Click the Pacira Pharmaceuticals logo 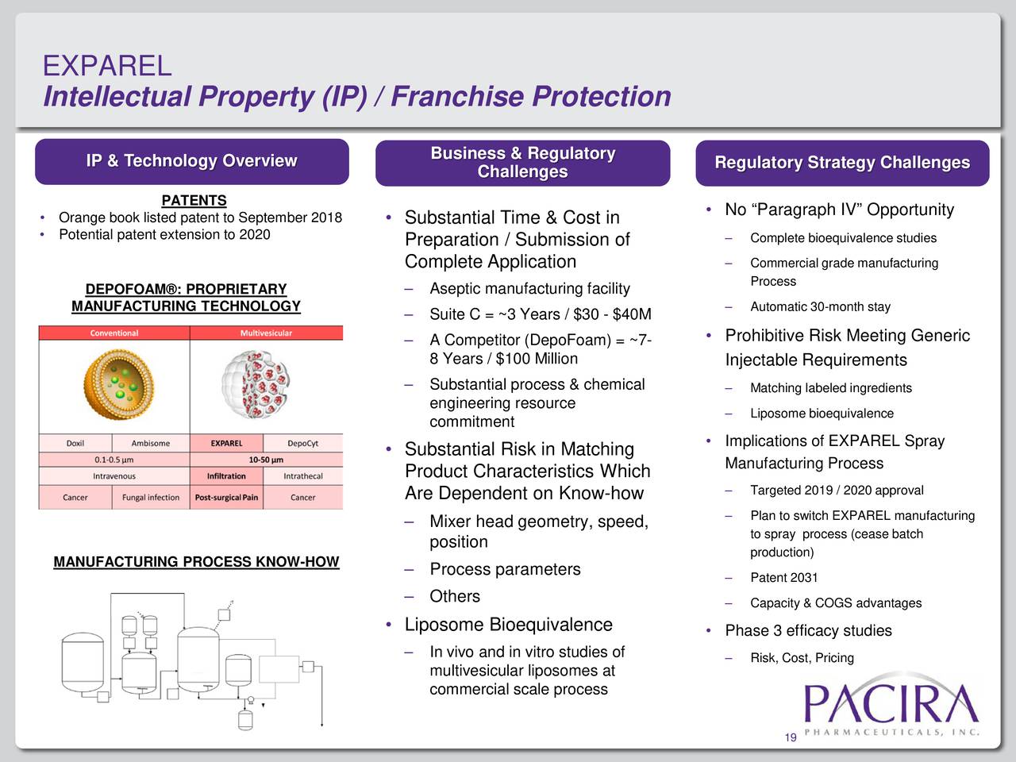(891, 710)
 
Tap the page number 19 (790, 739)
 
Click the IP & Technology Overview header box (191, 161)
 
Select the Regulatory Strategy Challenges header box (841, 163)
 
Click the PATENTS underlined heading (194, 201)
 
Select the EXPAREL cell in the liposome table (226, 443)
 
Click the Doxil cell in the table (75, 443)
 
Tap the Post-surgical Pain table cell (226, 498)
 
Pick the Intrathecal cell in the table (302, 476)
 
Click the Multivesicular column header (266, 333)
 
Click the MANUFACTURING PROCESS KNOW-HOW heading (196, 562)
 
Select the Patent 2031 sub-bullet (783, 578)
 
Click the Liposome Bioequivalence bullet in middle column (508, 625)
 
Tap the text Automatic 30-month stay (820, 307)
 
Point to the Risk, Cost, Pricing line (802, 658)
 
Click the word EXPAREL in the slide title (106, 65)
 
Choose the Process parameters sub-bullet (505, 569)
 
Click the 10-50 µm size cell (266, 460)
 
